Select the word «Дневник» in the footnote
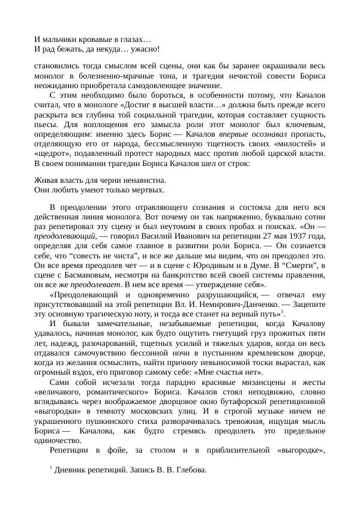tap(71, 469)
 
